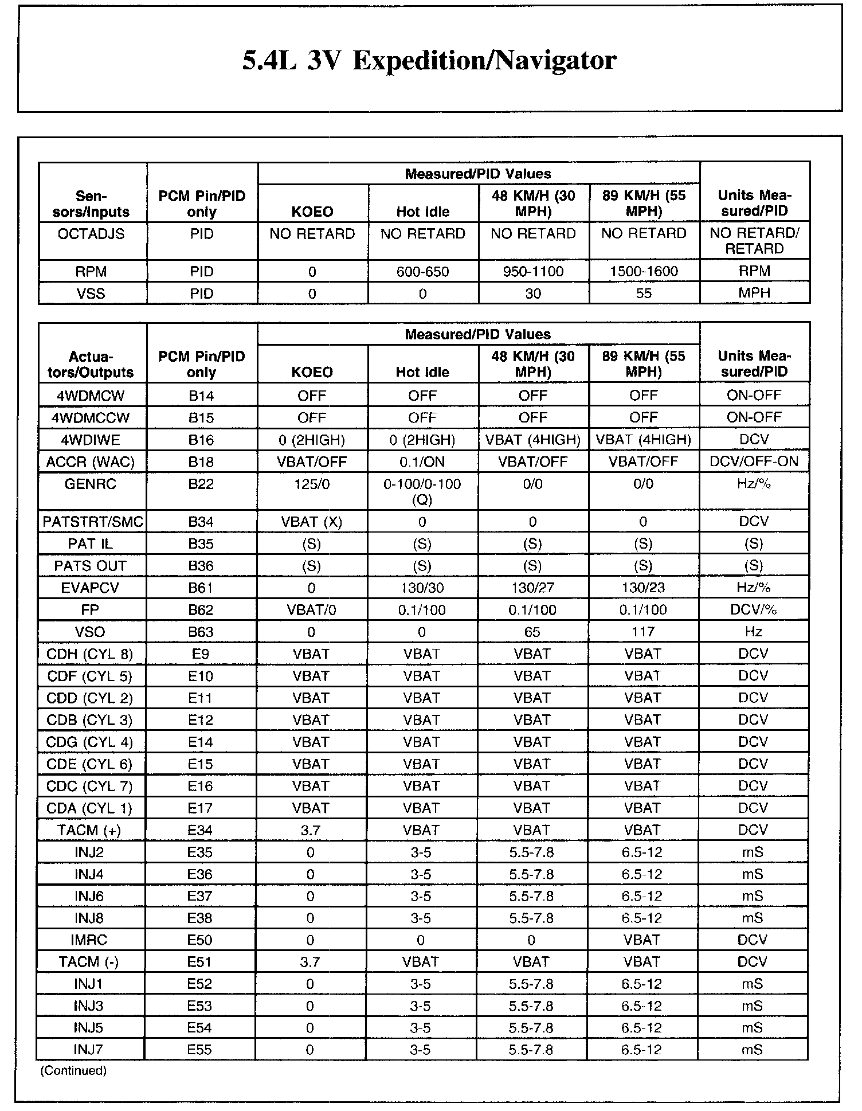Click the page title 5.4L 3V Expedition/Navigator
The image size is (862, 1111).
click(x=429, y=61)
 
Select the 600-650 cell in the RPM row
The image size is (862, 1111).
click(x=422, y=272)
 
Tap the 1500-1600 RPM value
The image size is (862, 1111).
click(x=644, y=272)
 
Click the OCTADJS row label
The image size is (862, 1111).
click(x=91, y=234)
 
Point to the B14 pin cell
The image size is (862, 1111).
click(x=201, y=396)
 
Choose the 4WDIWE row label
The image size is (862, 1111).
click(x=91, y=440)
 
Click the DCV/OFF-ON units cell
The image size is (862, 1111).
click(x=754, y=461)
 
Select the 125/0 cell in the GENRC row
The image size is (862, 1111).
click(x=312, y=484)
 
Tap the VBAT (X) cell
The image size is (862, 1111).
click(x=312, y=522)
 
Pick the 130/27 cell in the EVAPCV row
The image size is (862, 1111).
click(x=532, y=588)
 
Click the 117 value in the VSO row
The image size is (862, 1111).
click(x=643, y=632)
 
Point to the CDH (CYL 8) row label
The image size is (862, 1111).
click(x=90, y=654)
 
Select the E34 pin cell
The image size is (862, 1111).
click(x=201, y=830)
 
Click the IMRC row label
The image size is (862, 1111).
click(x=89, y=940)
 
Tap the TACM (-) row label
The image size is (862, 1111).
click(x=89, y=962)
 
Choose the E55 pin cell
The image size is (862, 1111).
click(x=200, y=1050)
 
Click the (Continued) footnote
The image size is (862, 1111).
click(x=73, y=1070)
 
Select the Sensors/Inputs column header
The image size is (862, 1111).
click(x=91, y=204)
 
